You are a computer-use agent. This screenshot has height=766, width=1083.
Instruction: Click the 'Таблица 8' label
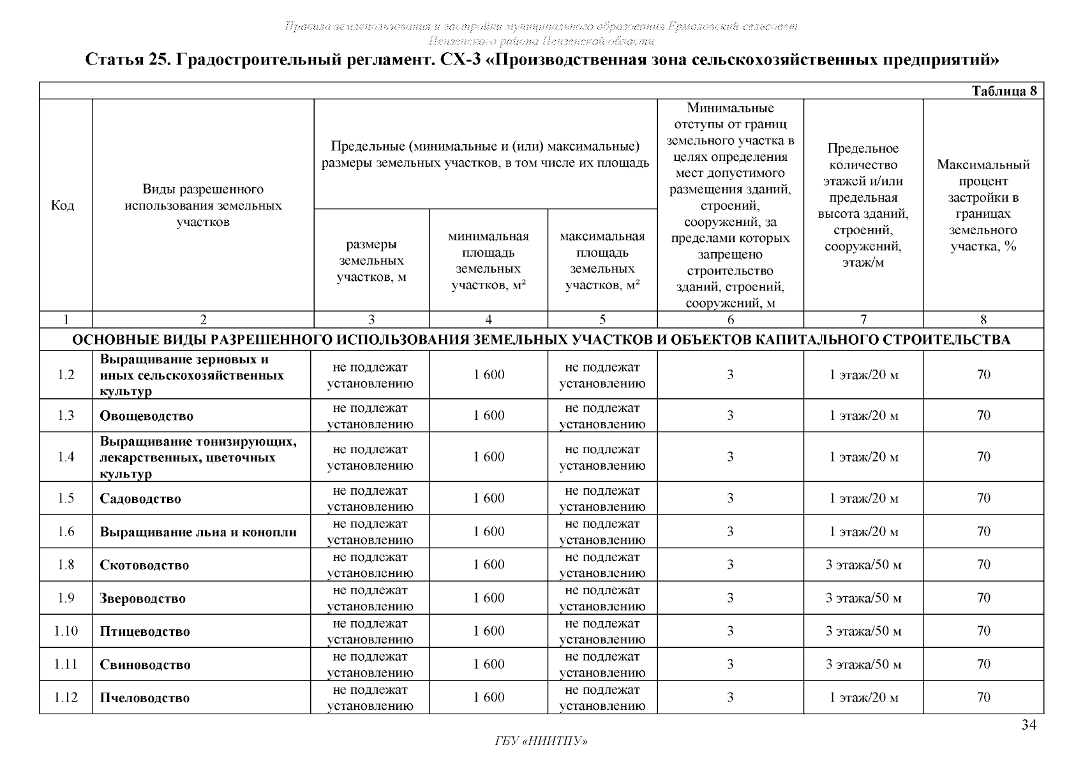[1004, 91]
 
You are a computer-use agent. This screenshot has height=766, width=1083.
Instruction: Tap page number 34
[1028, 725]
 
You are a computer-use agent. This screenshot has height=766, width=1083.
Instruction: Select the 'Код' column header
[63, 205]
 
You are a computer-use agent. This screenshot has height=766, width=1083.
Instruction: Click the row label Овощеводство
[146, 416]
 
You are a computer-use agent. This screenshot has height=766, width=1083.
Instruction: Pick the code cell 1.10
[66, 631]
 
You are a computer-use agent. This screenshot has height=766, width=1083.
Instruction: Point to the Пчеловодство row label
[144, 698]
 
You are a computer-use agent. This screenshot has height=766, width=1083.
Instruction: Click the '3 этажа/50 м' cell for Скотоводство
[863, 565]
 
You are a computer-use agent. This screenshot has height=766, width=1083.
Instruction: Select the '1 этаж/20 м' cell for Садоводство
[863, 499]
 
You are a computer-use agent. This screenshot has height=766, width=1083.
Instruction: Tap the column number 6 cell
[730, 320]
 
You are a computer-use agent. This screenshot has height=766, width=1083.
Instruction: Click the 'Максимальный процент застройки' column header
[983, 205]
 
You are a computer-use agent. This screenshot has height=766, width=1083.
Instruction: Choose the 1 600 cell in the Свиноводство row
[488, 665]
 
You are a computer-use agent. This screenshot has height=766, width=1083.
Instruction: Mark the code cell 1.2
[66, 375]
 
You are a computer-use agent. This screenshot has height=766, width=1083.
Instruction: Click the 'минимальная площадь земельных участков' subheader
[488, 260]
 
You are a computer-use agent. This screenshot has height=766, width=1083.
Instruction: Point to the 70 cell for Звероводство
[983, 598]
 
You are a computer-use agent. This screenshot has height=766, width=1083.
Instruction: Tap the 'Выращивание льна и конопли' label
[198, 532]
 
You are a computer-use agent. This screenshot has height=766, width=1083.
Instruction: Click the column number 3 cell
[371, 320]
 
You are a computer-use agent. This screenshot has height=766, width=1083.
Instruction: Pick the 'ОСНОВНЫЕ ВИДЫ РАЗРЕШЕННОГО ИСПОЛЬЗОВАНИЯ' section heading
[541, 340]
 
